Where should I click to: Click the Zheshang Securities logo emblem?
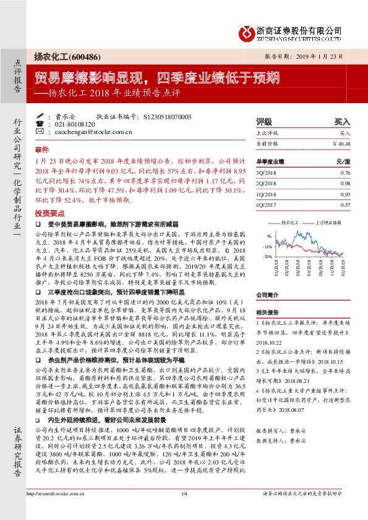point(248,31)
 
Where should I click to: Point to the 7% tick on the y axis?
point(269,236)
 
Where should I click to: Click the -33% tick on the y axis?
point(268,256)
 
